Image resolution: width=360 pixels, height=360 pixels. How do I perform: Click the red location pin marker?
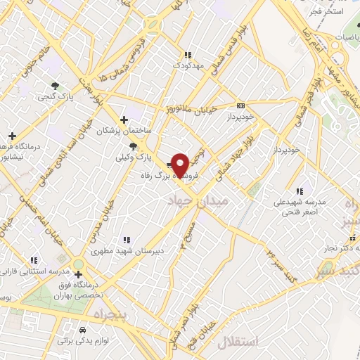181,165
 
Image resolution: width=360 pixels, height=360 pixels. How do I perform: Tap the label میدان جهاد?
198,202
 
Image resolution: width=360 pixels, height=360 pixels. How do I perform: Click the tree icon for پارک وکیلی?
134,147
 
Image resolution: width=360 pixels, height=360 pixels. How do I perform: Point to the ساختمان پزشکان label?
124,131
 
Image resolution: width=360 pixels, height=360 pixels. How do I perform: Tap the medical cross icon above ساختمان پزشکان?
124,120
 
